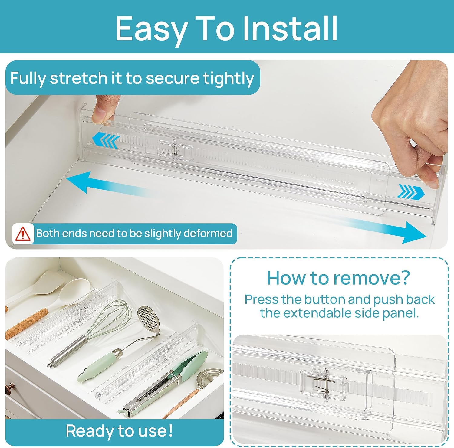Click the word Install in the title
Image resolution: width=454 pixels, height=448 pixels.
coord(290,28)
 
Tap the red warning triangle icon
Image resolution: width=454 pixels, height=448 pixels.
coord(23,234)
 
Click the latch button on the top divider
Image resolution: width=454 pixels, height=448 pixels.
coord(174,149)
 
